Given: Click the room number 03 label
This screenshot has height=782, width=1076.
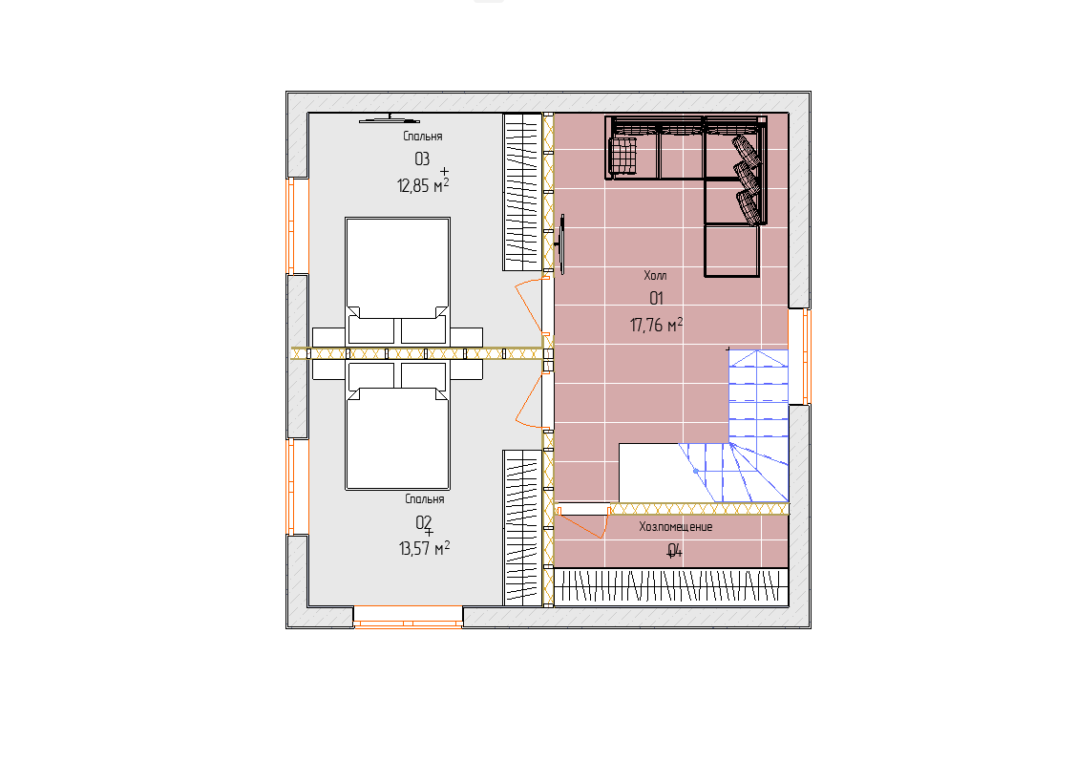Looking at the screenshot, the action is (422, 159).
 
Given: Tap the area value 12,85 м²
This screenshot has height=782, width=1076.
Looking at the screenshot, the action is (423, 185).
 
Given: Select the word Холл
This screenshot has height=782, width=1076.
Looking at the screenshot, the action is (655, 275).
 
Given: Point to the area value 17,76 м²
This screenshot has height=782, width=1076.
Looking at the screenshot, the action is (656, 325).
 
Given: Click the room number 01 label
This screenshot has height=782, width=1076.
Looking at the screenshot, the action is (656, 298).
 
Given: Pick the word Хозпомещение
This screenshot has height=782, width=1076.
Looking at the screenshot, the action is (676, 527).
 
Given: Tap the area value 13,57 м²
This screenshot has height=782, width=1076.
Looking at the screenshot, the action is (424, 548).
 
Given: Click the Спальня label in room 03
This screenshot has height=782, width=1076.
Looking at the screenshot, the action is (423, 136).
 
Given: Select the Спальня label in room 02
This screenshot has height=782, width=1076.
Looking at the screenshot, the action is (425, 499).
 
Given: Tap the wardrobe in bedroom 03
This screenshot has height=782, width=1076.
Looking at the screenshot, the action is (522, 192).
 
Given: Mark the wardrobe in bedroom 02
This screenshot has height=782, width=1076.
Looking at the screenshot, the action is (522, 527).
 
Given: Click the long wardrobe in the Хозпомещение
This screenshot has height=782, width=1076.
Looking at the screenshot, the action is (670, 587).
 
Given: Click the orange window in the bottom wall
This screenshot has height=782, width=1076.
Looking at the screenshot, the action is (409, 617).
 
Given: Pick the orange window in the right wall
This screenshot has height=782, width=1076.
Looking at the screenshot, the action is (799, 356).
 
